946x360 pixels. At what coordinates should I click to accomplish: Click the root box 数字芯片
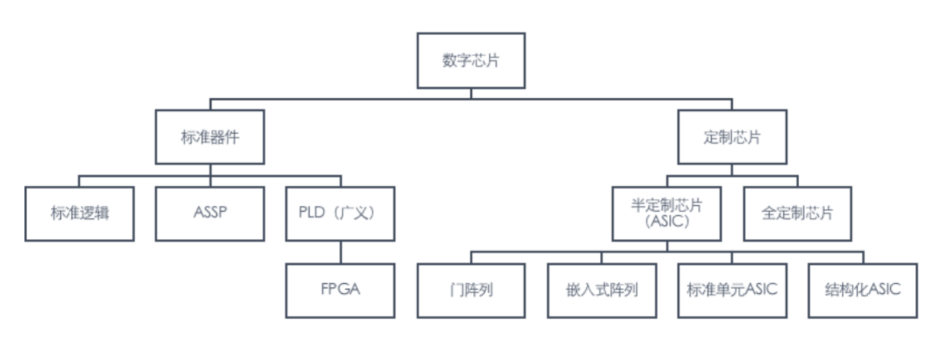coord(471,60)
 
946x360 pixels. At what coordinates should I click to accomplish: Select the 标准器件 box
coord(210,137)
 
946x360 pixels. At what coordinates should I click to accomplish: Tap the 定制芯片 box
coord(732,137)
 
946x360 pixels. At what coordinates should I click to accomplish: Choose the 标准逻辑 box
coord(79,214)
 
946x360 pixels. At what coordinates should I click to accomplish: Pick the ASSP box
coord(210,214)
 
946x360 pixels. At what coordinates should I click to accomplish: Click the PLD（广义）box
coord(341,214)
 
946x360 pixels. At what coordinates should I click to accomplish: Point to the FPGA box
coord(341,291)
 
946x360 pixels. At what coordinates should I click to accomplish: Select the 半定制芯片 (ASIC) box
coord(667,214)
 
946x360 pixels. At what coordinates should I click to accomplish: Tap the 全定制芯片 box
coord(798,214)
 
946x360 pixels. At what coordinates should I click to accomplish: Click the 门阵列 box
coord(471,291)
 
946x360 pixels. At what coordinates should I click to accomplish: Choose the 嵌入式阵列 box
coord(602,291)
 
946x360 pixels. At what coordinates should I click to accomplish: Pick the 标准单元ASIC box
coord(732,291)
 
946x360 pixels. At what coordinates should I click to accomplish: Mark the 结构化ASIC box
coord(863,291)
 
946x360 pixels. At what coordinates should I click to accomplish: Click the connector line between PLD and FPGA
coord(341,252)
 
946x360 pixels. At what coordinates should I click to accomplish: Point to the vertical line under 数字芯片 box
coord(471,93)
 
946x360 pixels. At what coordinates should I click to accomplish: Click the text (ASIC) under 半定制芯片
coord(666,223)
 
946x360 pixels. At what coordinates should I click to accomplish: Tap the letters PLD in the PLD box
coord(313,214)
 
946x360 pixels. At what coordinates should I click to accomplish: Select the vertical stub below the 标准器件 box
coord(210,170)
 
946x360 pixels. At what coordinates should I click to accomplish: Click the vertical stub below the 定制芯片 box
coord(732,170)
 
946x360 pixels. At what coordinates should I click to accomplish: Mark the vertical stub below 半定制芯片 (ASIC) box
coord(667,246)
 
